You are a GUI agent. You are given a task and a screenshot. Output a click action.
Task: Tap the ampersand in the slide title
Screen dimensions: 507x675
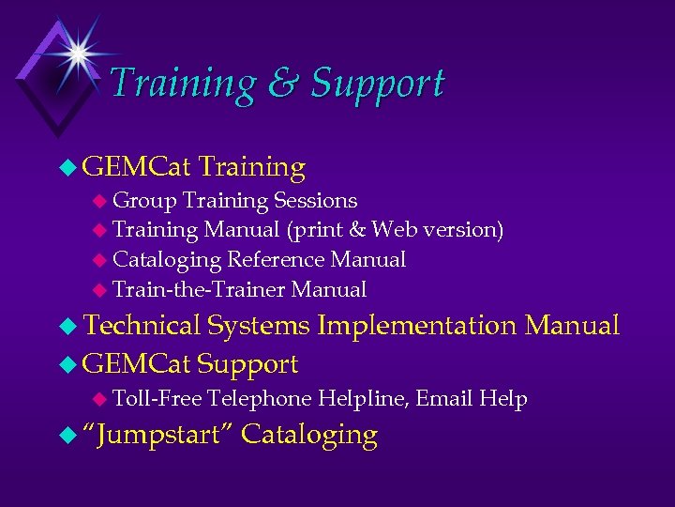282,84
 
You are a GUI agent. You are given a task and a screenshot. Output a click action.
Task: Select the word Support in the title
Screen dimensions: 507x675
377,84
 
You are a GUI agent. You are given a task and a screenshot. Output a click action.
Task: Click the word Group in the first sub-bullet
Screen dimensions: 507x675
144,200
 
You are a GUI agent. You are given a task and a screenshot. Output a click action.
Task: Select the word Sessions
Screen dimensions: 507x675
315,200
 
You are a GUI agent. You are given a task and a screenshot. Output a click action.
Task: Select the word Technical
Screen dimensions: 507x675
142,326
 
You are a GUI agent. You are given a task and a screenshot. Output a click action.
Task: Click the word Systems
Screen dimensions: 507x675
259,326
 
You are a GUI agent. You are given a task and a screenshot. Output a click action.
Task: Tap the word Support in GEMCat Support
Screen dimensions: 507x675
248,363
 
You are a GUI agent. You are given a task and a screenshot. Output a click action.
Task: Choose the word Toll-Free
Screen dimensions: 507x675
157,399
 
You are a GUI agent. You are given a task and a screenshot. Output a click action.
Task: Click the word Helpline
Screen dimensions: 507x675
361,399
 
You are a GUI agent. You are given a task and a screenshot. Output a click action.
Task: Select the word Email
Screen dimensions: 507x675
443,399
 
